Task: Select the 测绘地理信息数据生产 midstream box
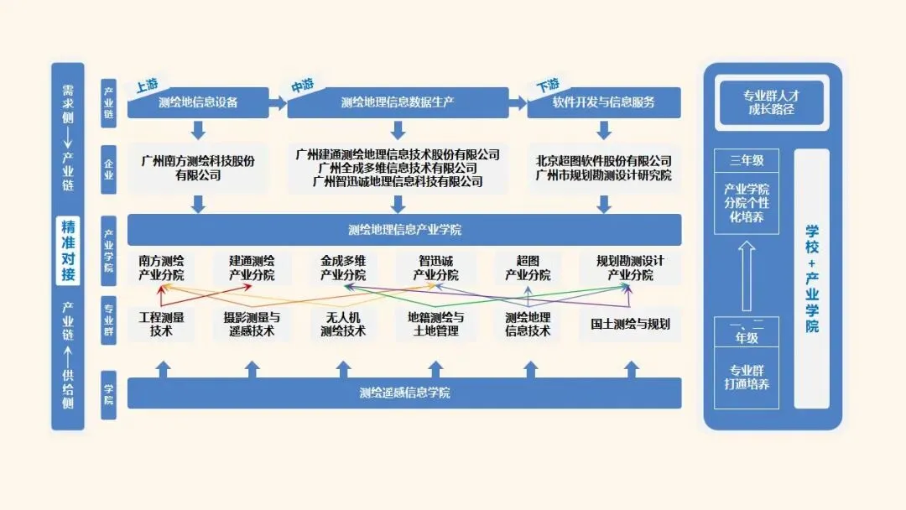coord(398,103)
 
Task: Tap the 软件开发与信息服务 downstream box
coord(604,103)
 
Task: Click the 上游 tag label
coord(148,86)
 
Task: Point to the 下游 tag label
coord(548,86)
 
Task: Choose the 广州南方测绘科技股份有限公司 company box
coord(198,168)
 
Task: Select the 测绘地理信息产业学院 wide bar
coord(404,230)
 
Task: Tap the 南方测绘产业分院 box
coord(161,268)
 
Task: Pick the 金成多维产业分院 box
coord(343,268)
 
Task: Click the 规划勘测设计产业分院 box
coord(630,268)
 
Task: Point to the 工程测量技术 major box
coord(161,324)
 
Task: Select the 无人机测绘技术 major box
coord(343,324)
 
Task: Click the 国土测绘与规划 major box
coord(630,324)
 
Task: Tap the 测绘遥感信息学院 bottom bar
coord(404,393)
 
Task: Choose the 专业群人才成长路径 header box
coord(771,102)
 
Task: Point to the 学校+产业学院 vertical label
coord(811,278)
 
